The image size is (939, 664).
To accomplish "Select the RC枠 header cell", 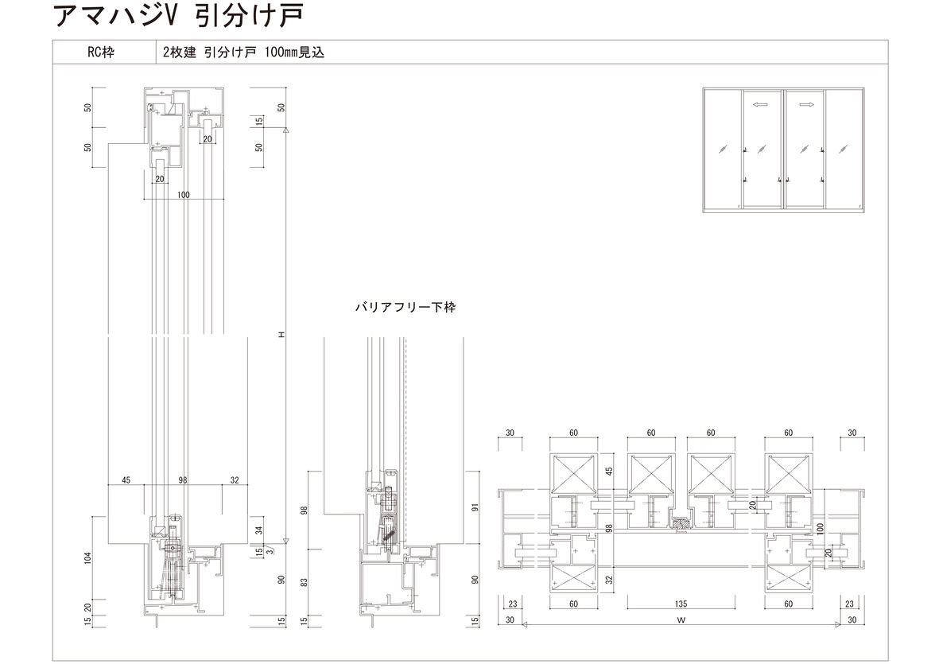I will tap(102, 53).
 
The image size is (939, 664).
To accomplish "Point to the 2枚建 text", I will tap(180, 53).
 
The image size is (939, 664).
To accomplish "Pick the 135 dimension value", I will tap(680, 604).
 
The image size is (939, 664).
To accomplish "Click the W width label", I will tap(681, 619).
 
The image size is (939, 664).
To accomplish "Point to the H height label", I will tap(281, 335).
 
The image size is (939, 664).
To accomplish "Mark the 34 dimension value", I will tap(258, 530).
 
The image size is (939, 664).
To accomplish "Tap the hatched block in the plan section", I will tap(681, 524).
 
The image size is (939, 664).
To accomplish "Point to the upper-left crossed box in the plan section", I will tap(572, 474).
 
